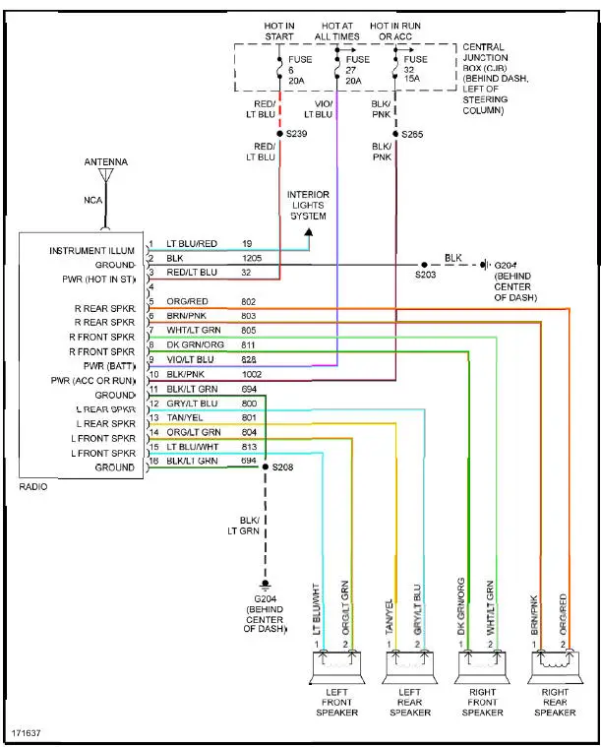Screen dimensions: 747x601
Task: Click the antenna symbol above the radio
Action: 106,176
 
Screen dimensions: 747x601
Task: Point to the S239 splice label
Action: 297,133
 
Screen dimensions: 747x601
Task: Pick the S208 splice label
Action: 283,468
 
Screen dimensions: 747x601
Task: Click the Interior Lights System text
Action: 308,206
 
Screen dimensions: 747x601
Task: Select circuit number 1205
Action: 253,258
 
